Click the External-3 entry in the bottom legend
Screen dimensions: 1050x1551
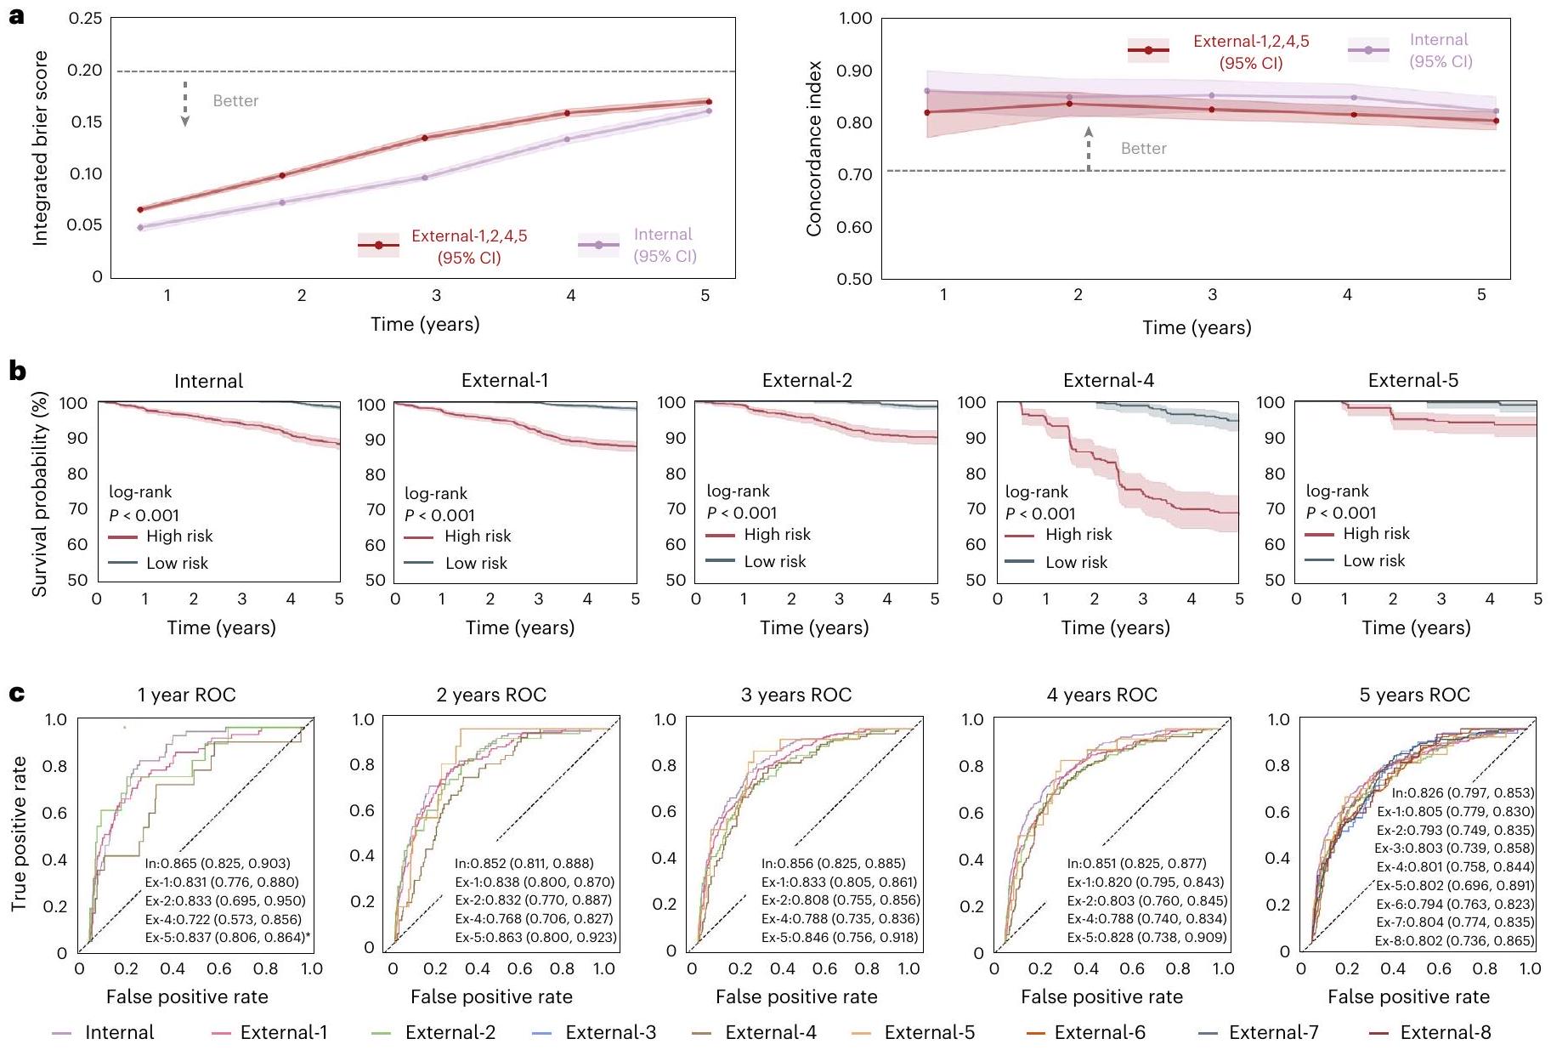(610, 1032)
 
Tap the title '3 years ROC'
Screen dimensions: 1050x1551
(795, 695)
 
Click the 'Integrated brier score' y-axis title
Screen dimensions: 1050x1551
(40, 149)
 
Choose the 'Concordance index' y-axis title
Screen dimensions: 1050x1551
(814, 149)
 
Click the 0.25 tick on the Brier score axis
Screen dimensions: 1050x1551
(85, 19)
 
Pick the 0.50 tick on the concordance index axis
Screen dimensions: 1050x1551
(855, 279)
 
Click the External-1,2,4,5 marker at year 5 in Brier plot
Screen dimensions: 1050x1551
(709, 102)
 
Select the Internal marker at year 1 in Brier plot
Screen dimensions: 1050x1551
(141, 227)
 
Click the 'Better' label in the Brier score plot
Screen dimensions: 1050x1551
(235, 101)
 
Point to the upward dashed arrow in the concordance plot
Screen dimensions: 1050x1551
(1089, 149)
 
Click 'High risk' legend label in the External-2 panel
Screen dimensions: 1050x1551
(777, 534)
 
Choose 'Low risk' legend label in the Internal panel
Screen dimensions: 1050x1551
(177, 563)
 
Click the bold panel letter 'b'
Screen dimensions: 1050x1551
(16, 372)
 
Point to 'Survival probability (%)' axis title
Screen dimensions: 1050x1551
(40, 493)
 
